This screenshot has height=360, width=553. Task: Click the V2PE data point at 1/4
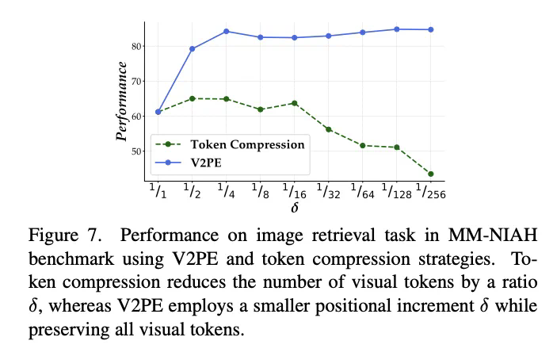pyautogui.click(x=226, y=31)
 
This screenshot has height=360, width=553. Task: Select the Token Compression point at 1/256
pyautogui.click(x=430, y=174)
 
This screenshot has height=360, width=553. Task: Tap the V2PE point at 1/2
pyautogui.click(x=193, y=49)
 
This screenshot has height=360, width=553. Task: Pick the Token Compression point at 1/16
pyautogui.click(x=294, y=103)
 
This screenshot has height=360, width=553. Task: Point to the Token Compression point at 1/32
pyautogui.click(x=328, y=129)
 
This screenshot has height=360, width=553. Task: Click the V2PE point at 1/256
pyautogui.click(x=430, y=29)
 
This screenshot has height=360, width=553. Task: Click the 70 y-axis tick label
pyautogui.click(x=138, y=81)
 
